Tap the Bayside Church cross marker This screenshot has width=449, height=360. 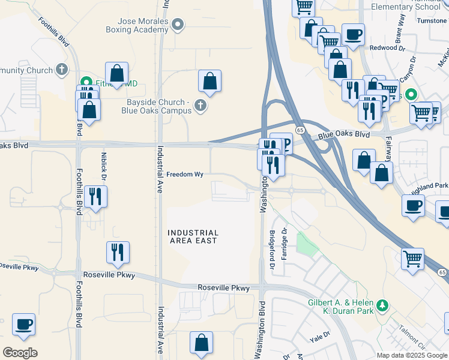coord(200,107)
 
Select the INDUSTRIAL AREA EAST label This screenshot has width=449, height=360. coord(192,236)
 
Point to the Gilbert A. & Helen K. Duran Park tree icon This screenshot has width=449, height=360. coord(382,307)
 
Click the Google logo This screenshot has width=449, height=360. coord(20,353)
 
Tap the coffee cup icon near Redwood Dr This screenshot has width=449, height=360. coord(353,35)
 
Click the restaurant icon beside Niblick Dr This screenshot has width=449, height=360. coord(95,196)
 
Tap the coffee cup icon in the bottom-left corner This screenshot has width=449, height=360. coord(23,324)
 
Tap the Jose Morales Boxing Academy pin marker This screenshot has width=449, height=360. coord(177,25)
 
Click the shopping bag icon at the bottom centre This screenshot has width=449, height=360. coord(202,343)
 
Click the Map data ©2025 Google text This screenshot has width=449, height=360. coord(412,355)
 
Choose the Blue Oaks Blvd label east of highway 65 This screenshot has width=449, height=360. coord(343,135)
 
